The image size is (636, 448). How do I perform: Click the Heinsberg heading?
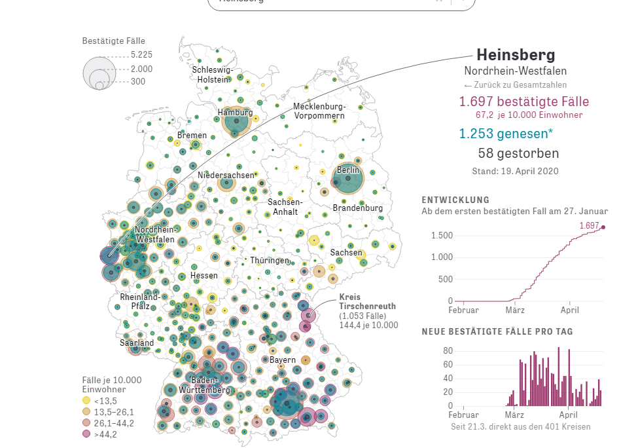point(516,54)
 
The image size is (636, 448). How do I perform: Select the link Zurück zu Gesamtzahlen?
point(515,85)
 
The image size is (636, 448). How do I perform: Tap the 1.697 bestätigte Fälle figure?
point(524,102)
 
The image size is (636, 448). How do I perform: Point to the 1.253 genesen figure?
point(506,134)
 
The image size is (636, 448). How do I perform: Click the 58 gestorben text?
point(518,154)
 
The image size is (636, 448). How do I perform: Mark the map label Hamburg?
point(235,113)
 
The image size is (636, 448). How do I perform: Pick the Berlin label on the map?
point(348,170)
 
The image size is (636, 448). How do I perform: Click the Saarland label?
point(137,343)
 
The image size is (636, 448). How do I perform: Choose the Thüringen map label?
point(270,261)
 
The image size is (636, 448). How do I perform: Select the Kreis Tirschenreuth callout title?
point(368,301)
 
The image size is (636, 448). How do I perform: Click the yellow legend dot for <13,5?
point(86,400)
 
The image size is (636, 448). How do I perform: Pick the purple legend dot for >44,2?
point(86,434)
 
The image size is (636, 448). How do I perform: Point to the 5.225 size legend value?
point(141,54)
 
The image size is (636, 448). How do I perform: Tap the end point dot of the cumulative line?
point(603,227)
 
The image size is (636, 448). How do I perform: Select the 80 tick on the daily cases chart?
point(448,350)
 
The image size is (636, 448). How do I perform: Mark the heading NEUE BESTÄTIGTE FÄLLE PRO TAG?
point(497,331)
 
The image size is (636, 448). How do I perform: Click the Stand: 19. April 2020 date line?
point(515,171)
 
